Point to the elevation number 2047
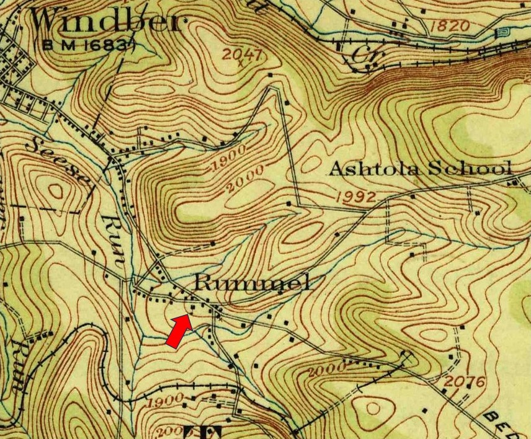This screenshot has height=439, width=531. click(x=244, y=53)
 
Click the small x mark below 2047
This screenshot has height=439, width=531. click(x=240, y=63)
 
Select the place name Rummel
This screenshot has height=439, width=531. click(x=252, y=283)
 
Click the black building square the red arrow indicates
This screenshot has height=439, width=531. click(x=192, y=306)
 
